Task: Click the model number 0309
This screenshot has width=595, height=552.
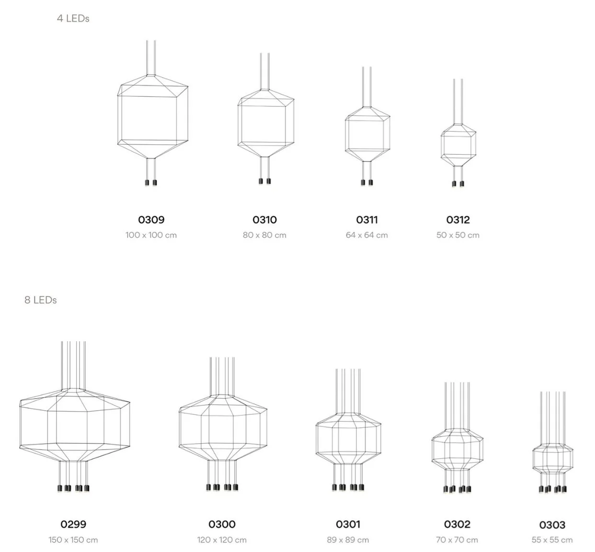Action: click(151, 219)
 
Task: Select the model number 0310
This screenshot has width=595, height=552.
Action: click(264, 219)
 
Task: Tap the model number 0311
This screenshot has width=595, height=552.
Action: click(366, 219)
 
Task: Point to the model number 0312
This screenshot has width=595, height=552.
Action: click(458, 219)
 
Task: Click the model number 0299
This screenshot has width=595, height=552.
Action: click(73, 524)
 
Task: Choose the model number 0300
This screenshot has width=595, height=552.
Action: click(222, 524)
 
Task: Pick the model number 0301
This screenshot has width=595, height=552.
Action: click(347, 524)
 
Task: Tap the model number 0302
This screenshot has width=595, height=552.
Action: click(457, 524)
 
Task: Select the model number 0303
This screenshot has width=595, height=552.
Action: click(552, 525)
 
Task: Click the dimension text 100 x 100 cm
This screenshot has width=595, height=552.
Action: click(151, 235)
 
